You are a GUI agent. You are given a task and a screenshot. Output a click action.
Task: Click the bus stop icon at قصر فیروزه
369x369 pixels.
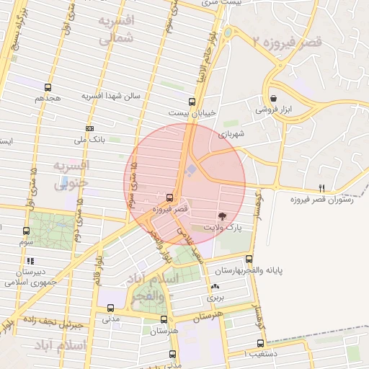169,197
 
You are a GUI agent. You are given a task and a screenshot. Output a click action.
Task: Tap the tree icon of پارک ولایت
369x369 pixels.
221,216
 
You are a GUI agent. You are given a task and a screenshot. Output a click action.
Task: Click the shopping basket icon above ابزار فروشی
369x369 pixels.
273,99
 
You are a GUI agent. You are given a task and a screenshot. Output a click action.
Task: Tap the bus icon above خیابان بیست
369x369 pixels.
191,102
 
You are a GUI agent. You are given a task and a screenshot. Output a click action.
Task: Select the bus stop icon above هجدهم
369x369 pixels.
48,87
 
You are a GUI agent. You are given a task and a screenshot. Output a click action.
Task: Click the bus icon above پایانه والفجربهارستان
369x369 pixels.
249,259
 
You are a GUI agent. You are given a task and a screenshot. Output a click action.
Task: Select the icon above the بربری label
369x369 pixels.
215,286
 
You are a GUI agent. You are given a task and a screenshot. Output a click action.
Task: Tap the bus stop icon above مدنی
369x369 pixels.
110,308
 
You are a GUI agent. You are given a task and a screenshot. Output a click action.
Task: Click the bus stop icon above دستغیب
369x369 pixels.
260,344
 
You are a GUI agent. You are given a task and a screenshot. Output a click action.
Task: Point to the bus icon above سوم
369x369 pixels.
27,231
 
